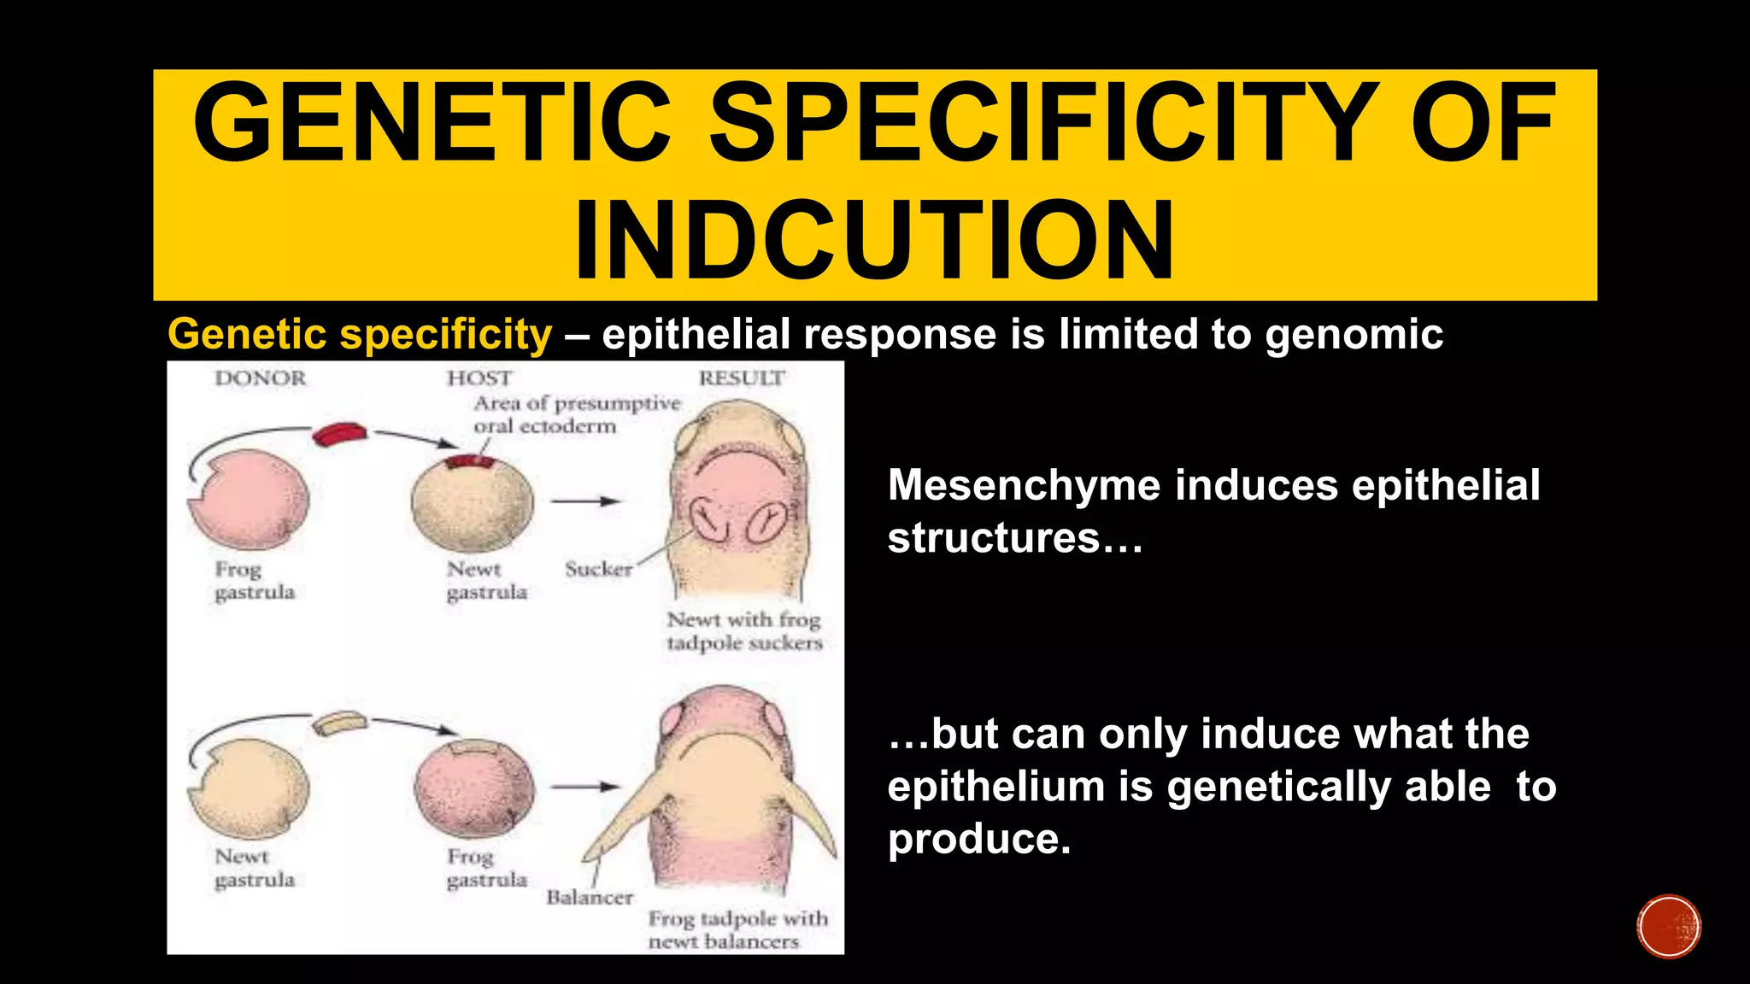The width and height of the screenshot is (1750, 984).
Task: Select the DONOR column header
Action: point(260,378)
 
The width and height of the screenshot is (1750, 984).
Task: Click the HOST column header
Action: point(479,378)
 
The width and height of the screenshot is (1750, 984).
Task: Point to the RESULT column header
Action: point(741,378)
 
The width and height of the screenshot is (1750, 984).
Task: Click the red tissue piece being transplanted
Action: point(339,435)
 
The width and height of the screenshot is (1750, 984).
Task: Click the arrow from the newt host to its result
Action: point(585,501)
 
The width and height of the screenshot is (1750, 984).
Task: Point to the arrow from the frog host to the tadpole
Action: point(585,787)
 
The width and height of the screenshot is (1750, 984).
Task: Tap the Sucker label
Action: point(598,569)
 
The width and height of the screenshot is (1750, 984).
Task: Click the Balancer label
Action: point(590,897)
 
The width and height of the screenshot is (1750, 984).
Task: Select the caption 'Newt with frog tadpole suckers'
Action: point(744,630)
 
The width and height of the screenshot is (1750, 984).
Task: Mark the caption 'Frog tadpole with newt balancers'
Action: point(737,930)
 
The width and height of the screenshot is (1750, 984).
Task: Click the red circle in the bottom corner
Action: point(1669,927)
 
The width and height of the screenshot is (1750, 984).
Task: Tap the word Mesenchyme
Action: point(1024,485)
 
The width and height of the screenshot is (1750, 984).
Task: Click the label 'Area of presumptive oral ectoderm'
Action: point(577,414)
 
